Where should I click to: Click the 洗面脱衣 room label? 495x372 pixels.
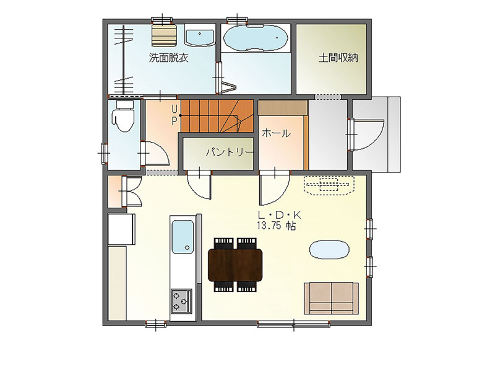click(168, 58)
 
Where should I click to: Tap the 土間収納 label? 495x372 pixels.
click(338, 58)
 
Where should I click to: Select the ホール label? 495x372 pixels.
click(276, 133)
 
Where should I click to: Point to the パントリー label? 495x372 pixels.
click(230, 153)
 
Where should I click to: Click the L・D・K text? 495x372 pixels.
click(280, 215)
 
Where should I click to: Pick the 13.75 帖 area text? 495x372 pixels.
click(277, 226)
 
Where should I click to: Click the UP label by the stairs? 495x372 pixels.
click(174, 115)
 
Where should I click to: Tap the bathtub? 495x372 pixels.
click(256, 38)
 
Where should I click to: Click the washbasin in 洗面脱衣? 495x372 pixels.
click(199, 37)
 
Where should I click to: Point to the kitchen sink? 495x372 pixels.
click(183, 237)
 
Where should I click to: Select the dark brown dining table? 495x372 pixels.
click(235, 265)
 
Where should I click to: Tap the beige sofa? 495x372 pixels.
click(331, 298)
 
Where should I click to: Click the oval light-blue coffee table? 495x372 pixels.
click(329, 250)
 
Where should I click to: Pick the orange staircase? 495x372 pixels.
click(217, 116)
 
